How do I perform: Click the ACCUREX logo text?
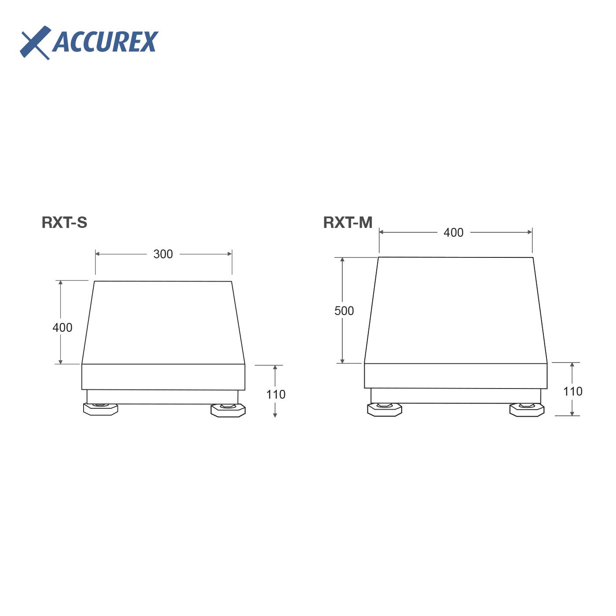[x=105, y=42]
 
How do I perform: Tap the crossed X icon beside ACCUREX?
[x=35, y=42]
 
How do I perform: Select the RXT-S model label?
[x=64, y=223]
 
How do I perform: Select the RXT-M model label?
[x=348, y=223]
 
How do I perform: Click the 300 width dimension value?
[x=163, y=254]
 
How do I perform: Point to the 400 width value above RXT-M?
[x=453, y=233]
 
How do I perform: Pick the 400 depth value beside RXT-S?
[x=62, y=328]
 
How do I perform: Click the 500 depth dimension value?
[x=344, y=311]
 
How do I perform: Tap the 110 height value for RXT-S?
[x=275, y=394]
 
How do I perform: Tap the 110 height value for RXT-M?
[x=572, y=392]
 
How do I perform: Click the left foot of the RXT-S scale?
[x=100, y=409]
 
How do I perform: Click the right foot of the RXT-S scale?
[x=228, y=410]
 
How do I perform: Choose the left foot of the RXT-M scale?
[x=384, y=409]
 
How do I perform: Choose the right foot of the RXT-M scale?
[x=527, y=410]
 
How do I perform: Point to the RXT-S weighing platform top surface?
[x=163, y=323]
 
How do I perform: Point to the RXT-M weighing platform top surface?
[x=455, y=310]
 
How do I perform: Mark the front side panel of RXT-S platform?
[x=163, y=377]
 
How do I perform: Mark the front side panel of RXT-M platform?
[x=455, y=376]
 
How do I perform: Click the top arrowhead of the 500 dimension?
[x=342, y=260]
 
